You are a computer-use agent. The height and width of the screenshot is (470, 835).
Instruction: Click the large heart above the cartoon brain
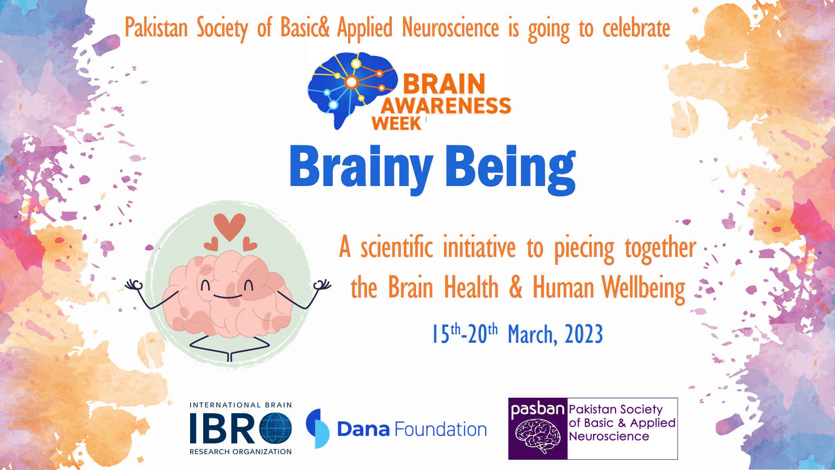[x=229, y=226]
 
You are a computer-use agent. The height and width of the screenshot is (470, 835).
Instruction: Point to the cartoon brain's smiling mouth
[x=227, y=297]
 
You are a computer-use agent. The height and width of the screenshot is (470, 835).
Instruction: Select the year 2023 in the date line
[x=583, y=334]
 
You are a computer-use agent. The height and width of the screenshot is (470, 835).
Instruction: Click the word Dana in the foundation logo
[x=363, y=429]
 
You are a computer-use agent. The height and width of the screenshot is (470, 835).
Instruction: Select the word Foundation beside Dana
[x=440, y=429]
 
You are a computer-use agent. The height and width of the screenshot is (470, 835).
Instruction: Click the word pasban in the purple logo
[x=537, y=409]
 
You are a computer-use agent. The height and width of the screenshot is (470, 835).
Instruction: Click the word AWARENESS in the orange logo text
[x=446, y=106]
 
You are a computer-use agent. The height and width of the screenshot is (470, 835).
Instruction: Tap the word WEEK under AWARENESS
[x=396, y=124]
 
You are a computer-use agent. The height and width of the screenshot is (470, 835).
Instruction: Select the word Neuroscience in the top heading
[x=450, y=28]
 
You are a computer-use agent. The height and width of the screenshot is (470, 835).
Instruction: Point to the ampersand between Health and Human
[x=515, y=287]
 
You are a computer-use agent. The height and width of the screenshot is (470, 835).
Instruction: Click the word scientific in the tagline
[x=396, y=247]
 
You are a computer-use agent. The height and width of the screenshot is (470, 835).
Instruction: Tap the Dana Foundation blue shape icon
[x=317, y=428]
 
